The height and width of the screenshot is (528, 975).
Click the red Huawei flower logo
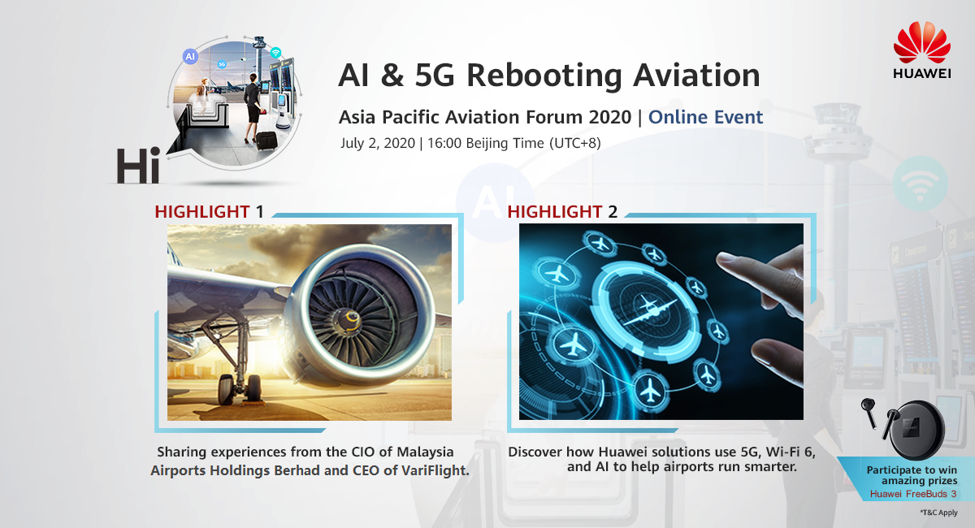click(x=922, y=42)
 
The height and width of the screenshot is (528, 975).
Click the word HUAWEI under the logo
click(x=922, y=73)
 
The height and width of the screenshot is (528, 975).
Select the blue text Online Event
click(x=705, y=117)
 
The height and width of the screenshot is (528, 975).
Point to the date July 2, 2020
click(x=377, y=143)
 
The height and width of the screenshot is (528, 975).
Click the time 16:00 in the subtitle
click(x=444, y=143)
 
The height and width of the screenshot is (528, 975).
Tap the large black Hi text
click(x=138, y=166)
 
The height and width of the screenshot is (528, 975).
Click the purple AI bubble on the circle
click(x=190, y=56)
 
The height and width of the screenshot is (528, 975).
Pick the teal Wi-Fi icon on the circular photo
click(x=275, y=53)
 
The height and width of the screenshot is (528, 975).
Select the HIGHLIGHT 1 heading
click(x=209, y=211)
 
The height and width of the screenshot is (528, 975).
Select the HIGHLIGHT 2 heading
click(x=562, y=211)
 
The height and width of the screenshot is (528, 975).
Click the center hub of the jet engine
click(x=349, y=321)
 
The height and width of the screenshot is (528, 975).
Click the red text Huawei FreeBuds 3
click(x=913, y=494)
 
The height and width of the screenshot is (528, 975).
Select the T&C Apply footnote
click(x=939, y=513)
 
